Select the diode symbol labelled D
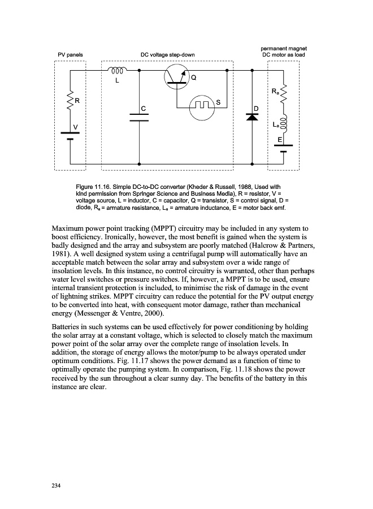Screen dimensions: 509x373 [251, 117]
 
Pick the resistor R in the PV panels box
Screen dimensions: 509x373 [71, 101]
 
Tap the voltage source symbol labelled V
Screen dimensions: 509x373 [71, 135]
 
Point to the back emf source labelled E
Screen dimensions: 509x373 [284, 148]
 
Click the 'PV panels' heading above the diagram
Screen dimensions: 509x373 [71, 55]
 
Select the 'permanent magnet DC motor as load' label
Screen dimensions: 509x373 [283, 51]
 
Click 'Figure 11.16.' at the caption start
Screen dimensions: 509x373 [93, 186]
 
